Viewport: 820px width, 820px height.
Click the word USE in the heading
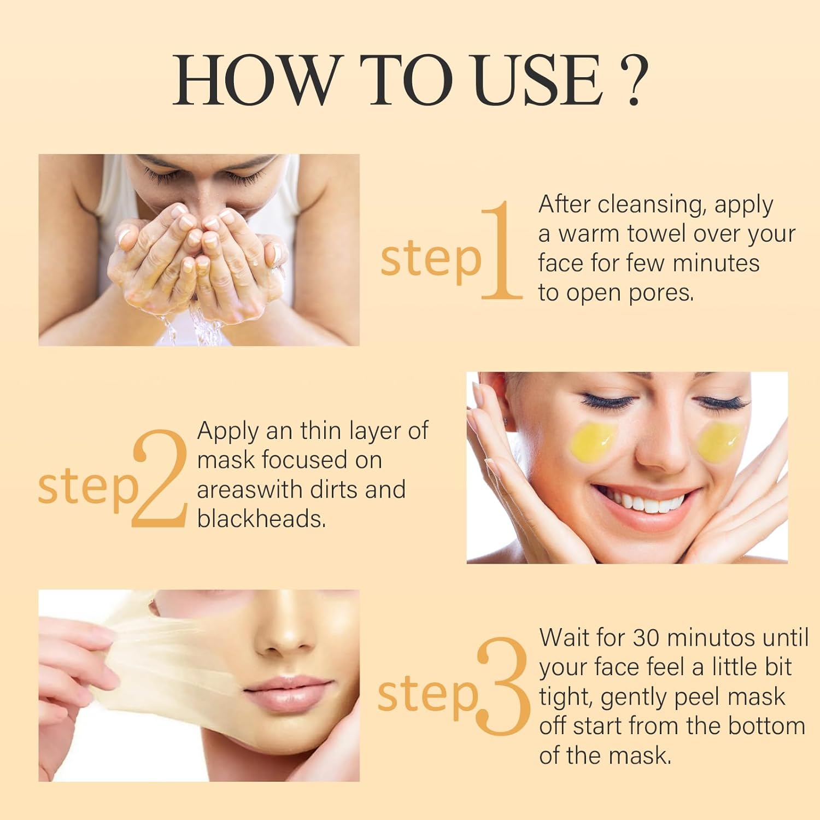pos(538,80)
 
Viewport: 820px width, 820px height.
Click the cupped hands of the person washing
pos(200,257)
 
